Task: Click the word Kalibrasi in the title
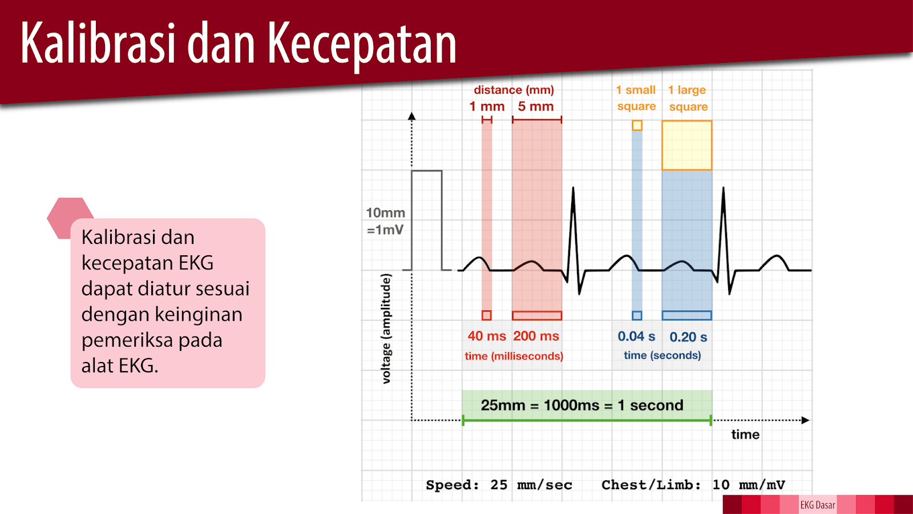click(97, 43)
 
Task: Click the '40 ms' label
click(487, 336)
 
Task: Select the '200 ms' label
click(536, 336)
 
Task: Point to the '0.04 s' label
click(636, 337)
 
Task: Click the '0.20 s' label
click(688, 338)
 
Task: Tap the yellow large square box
click(687, 145)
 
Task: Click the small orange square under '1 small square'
click(637, 126)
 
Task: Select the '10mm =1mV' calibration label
click(386, 221)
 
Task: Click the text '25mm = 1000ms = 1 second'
click(582, 405)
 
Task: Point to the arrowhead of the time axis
click(805, 420)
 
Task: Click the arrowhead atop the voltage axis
click(412, 117)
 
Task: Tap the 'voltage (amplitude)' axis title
click(386, 328)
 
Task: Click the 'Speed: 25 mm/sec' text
click(499, 485)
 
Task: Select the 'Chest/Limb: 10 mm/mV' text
click(693, 485)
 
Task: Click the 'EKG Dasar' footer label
click(817, 505)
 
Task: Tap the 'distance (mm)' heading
click(514, 90)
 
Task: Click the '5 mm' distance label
click(536, 107)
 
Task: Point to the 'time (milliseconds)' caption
click(514, 356)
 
